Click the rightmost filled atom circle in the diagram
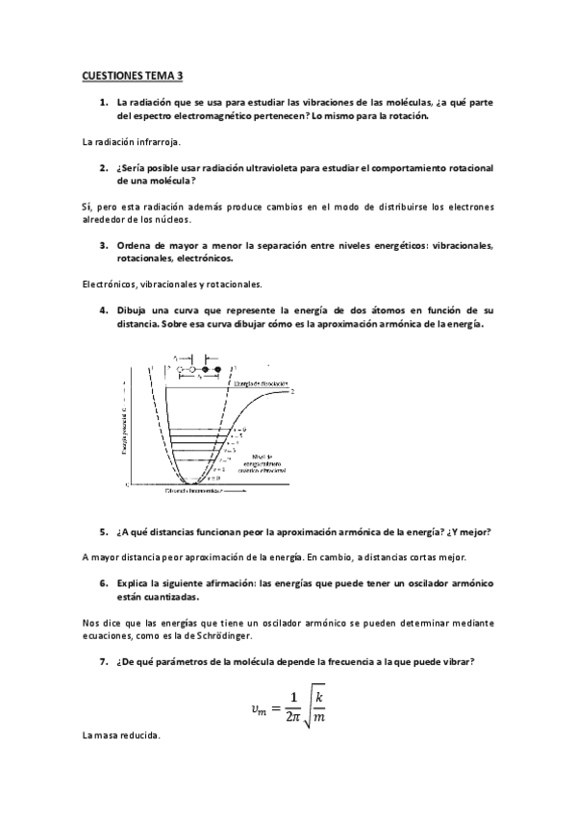coord(217,369)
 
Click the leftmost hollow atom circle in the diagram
coord(181,369)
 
